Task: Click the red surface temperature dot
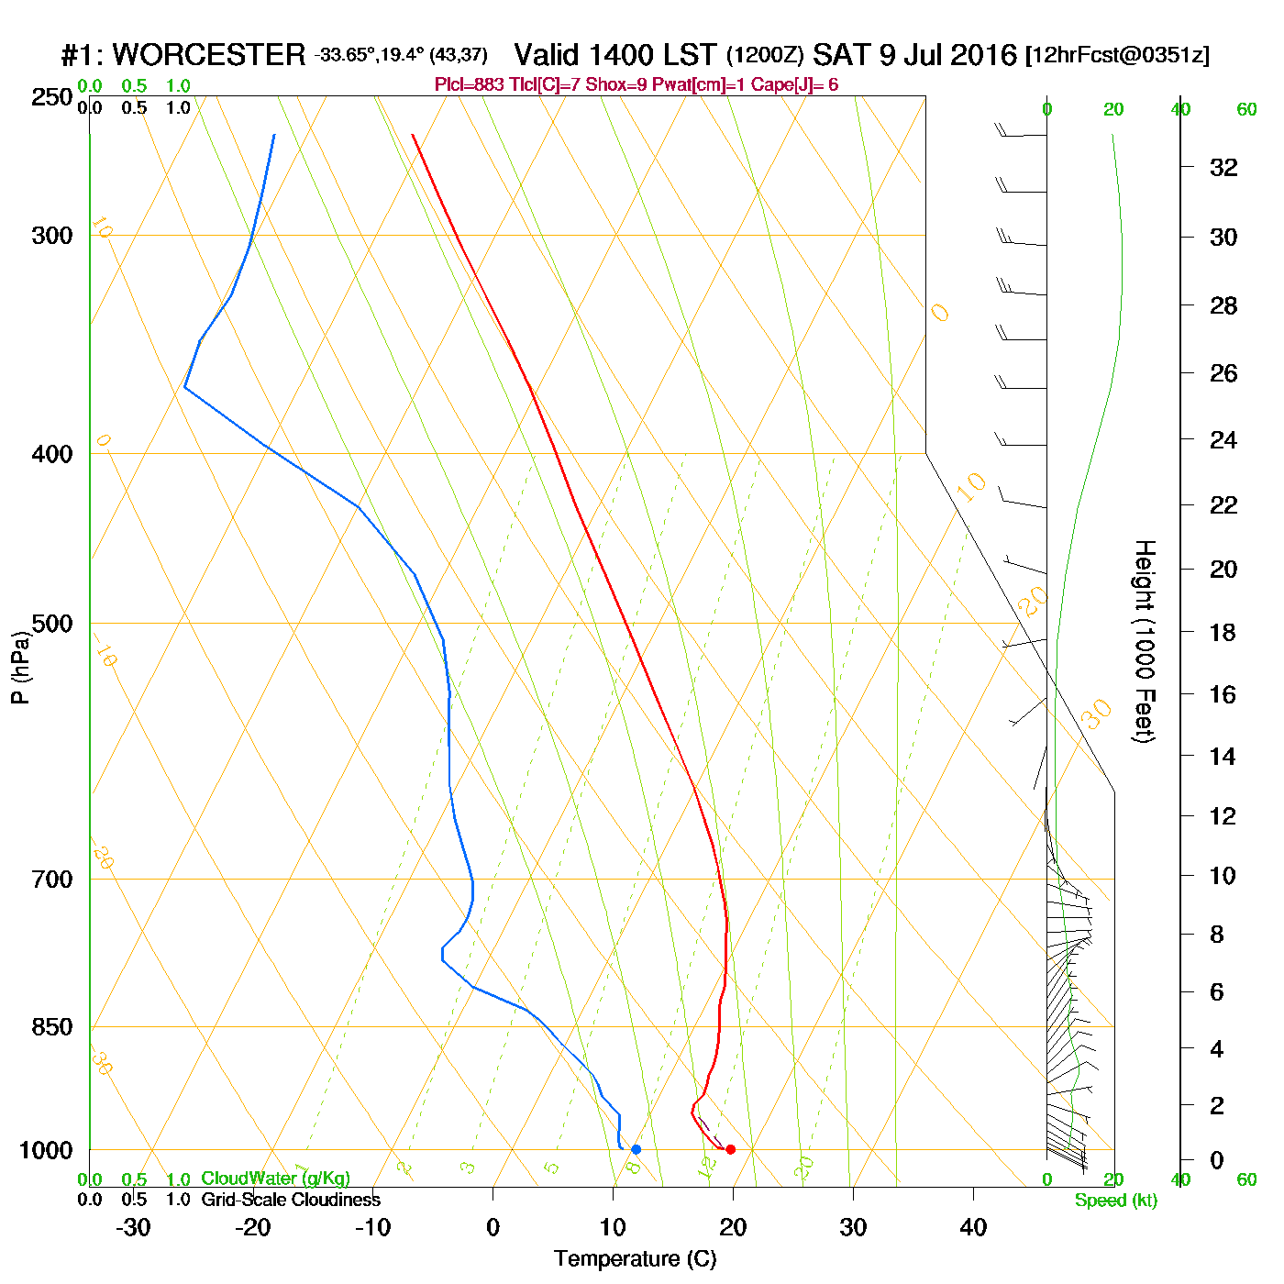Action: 730,1149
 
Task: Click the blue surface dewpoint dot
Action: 636,1149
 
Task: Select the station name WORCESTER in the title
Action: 208,55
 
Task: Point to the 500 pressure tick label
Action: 52,624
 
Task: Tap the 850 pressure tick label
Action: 52,1027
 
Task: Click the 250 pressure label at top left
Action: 52,97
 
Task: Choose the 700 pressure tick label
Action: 52,879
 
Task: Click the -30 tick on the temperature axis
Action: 133,1227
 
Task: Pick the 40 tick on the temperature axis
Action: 973,1227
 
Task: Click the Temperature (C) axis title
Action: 635,1259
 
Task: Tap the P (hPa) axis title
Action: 20,667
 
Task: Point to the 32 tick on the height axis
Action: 1223,167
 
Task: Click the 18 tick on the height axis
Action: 1223,632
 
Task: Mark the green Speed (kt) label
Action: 1115,1201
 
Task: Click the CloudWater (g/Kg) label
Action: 275,1179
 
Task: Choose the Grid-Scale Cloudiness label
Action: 291,1200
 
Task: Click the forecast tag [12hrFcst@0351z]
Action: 1117,55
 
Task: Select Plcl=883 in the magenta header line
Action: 469,85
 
